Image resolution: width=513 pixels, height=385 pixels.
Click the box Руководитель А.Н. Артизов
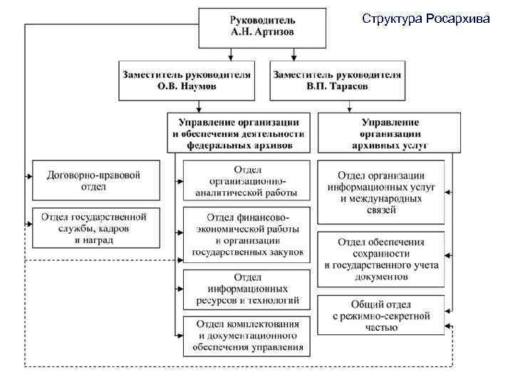[x=262, y=26]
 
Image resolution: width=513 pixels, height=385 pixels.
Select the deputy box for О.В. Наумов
[x=187, y=80]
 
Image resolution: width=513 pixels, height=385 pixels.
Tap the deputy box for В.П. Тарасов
[x=336, y=80]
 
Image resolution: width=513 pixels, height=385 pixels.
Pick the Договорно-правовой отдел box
[x=95, y=180]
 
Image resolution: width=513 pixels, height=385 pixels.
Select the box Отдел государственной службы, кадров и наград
[x=95, y=227]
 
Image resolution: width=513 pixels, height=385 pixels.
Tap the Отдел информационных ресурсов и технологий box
[x=247, y=289]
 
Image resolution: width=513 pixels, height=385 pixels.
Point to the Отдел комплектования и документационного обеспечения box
[x=247, y=335]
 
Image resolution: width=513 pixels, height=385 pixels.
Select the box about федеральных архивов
[x=239, y=133]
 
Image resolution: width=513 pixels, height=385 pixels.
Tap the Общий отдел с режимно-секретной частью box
[x=382, y=315]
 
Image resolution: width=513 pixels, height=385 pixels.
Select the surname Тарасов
[x=348, y=86]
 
